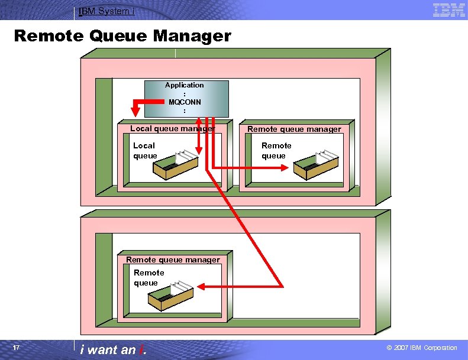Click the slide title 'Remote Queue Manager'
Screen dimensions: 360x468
click(122, 36)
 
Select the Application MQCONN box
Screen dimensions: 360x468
click(186, 99)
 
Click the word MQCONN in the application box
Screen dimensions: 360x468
click(185, 102)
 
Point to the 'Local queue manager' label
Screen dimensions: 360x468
click(172, 128)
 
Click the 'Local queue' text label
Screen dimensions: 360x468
click(145, 151)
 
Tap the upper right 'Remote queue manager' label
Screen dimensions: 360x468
click(294, 129)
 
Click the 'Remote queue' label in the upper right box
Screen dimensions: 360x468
click(276, 151)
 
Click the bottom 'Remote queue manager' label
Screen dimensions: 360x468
click(173, 260)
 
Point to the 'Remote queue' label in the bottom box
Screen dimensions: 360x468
click(149, 278)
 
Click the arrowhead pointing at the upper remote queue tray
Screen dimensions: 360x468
click(285, 168)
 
